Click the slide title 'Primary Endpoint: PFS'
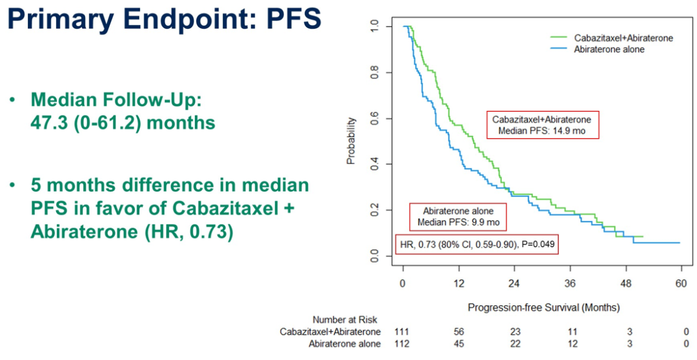[x=163, y=19]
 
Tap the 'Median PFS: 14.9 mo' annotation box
[x=542, y=125]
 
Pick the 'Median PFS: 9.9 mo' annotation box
[x=458, y=217]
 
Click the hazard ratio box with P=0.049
[x=476, y=245]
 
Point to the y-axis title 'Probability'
[x=351, y=141]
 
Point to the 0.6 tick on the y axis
[x=376, y=119]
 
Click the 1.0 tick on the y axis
[x=376, y=26]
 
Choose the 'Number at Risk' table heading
[x=345, y=319]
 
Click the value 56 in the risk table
[x=458, y=332]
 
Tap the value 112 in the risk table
[x=402, y=343]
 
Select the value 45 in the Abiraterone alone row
[x=458, y=343]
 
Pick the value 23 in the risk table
[x=515, y=332]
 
